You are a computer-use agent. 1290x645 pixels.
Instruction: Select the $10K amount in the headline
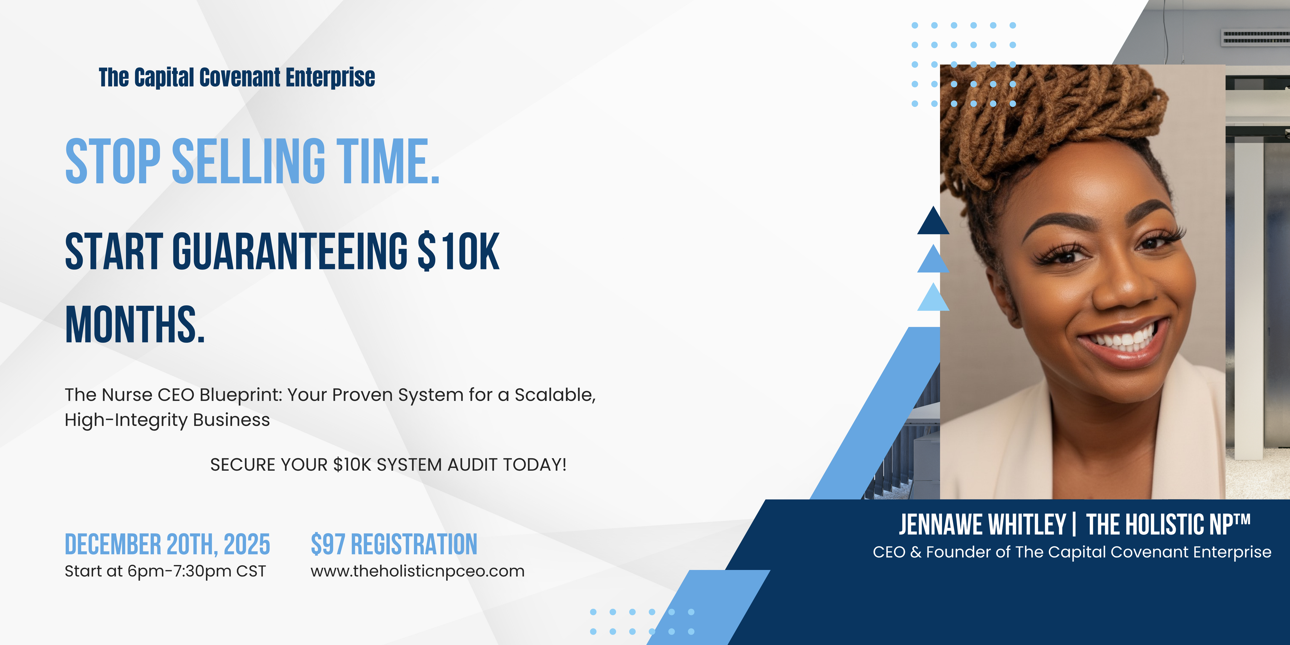(x=459, y=251)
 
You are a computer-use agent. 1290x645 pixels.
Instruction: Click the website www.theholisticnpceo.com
(x=418, y=571)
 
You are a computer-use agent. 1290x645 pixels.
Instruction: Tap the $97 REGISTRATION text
(x=394, y=544)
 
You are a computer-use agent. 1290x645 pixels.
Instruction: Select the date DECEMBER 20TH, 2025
(x=167, y=544)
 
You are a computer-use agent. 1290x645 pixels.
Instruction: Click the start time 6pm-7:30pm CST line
(x=165, y=571)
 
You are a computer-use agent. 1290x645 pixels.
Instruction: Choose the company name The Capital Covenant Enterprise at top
(x=237, y=78)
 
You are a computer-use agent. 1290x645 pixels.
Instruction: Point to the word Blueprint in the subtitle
(x=241, y=395)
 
